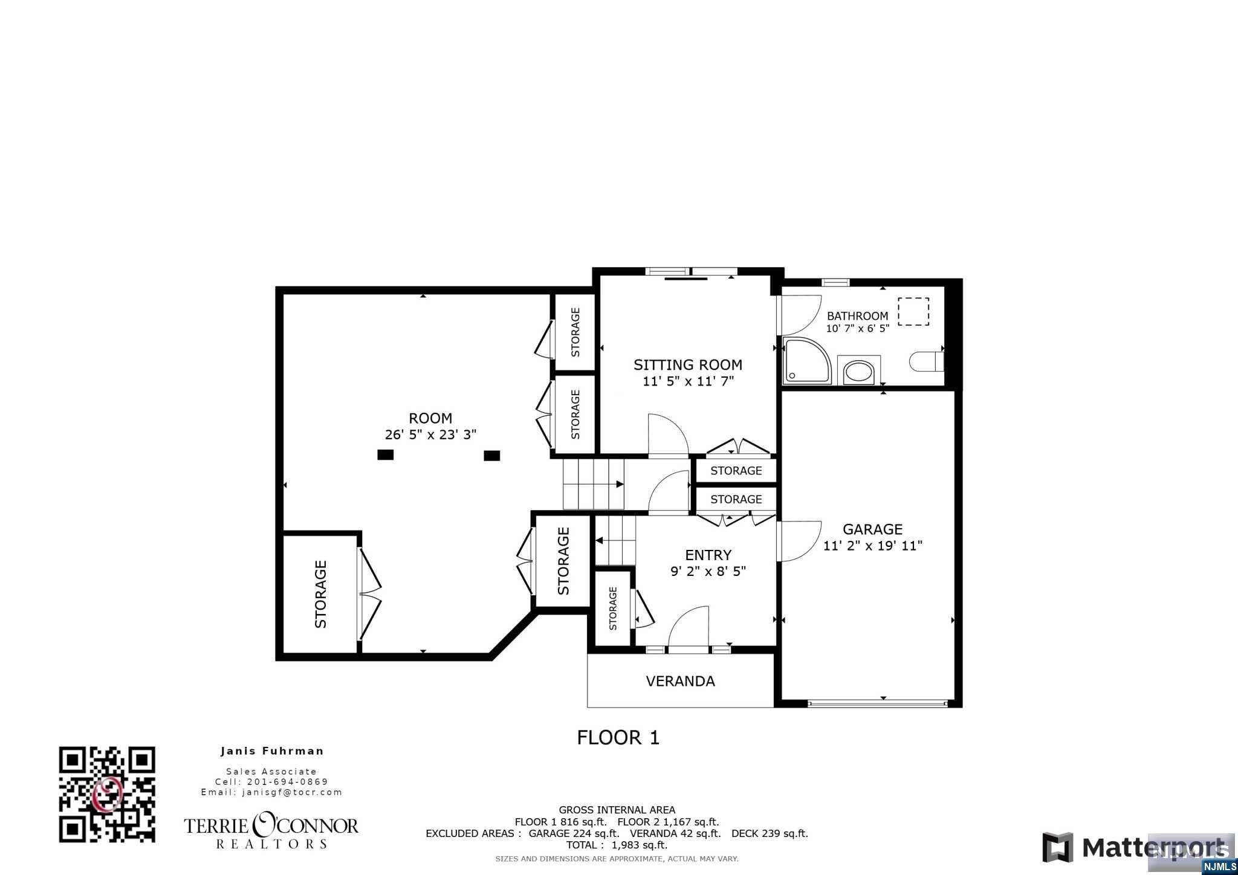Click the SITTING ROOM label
tap(688, 365)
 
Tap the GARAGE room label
tap(872, 529)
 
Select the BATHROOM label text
tap(857, 315)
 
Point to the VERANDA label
tap(680, 682)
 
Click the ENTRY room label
tap(708, 555)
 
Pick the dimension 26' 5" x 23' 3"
tap(430, 434)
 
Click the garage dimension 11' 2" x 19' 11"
tap(872, 546)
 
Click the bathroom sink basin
tap(858, 371)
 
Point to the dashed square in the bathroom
tap(913, 311)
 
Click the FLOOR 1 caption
tap(618, 737)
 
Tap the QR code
tap(107, 794)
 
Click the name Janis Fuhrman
tap(272, 751)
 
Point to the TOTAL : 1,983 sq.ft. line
tap(617, 845)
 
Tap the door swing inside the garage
tap(798, 541)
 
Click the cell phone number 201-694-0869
tap(288, 782)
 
